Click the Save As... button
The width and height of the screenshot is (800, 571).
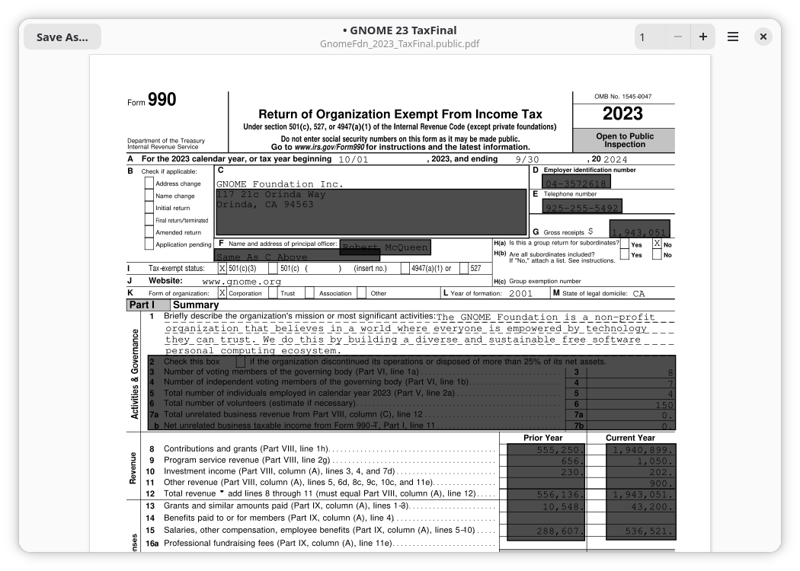tap(62, 37)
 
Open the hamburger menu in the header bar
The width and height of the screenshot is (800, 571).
tap(733, 37)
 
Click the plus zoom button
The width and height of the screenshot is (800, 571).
tap(702, 37)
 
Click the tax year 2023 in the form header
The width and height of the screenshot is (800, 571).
tap(622, 114)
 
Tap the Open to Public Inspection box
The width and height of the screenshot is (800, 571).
tap(624, 140)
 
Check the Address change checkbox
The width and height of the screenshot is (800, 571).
tap(149, 183)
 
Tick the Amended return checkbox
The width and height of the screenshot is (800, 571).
tap(149, 232)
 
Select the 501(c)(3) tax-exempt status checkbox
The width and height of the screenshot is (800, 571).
tap(222, 268)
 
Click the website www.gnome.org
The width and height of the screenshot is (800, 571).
tap(242, 282)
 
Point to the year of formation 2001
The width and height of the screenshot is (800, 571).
tap(520, 293)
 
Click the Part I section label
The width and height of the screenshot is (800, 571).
tap(142, 305)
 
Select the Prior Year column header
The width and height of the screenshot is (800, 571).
tap(542, 438)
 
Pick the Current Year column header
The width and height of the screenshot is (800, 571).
tap(630, 438)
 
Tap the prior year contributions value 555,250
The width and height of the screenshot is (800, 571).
tap(560, 450)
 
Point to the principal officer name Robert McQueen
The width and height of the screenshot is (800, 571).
tap(385, 247)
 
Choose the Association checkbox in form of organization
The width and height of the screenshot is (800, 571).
tap(309, 293)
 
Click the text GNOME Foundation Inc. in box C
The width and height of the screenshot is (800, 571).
tap(280, 184)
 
